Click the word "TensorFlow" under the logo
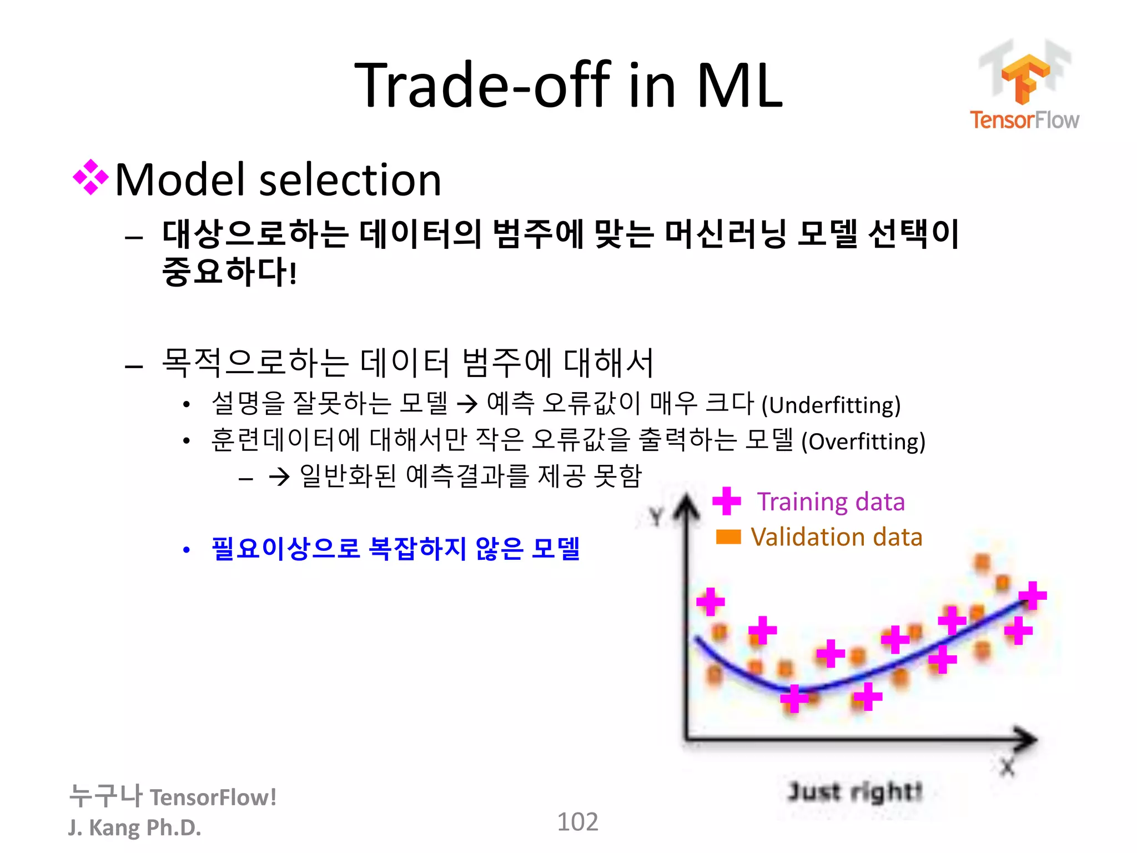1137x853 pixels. [x=1024, y=120]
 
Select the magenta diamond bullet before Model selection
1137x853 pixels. [x=90, y=178]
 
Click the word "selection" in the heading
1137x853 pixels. [x=350, y=180]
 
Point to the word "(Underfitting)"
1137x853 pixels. [x=831, y=405]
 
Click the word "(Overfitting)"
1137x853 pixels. [x=863, y=442]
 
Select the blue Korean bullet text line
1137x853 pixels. [x=395, y=549]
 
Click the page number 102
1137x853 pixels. [x=577, y=822]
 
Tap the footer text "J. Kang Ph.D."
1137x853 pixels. [x=134, y=827]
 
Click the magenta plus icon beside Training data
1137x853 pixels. [x=726, y=501]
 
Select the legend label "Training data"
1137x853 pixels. [x=831, y=502]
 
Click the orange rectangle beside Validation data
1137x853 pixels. [x=728, y=536]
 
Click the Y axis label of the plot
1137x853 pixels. [x=656, y=516]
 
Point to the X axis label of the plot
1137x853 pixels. [x=1007, y=767]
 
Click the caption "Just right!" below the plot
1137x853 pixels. [x=855, y=791]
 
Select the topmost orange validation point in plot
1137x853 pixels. [x=982, y=562]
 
